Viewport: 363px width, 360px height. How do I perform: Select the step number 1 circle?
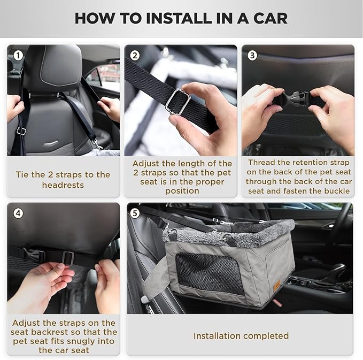[19, 55]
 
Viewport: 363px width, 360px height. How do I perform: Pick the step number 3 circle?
[252, 55]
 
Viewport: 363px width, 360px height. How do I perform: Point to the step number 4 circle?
[19, 213]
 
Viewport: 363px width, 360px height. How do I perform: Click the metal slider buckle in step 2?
[176, 101]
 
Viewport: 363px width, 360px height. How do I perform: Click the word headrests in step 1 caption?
[63, 185]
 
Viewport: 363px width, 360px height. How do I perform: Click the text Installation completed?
[241, 336]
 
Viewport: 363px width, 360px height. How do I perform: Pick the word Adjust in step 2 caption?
[145, 163]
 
